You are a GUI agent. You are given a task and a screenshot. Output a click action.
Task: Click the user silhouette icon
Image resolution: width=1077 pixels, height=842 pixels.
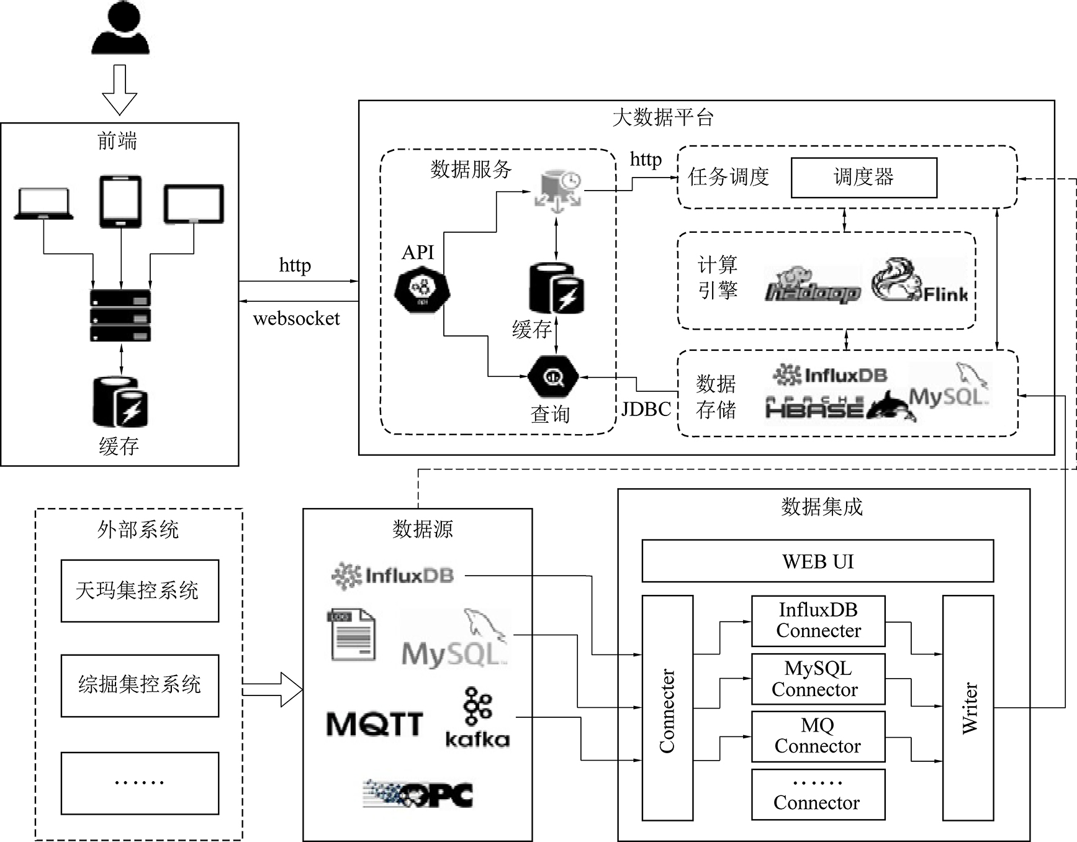click(x=120, y=28)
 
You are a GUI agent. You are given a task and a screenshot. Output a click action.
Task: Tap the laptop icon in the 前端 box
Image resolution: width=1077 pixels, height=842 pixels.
click(x=43, y=203)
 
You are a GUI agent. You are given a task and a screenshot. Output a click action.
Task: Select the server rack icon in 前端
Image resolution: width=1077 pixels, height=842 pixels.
click(x=120, y=315)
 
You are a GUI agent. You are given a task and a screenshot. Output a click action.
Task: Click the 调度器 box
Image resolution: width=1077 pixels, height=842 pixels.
click(x=863, y=178)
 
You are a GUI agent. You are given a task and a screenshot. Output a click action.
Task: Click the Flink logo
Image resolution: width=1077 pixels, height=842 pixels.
click(x=919, y=281)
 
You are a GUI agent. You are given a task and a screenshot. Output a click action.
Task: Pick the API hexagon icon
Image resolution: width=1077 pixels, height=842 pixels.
click(x=422, y=289)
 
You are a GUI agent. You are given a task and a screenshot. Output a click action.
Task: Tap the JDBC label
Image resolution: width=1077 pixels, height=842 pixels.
click(x=646, y=409)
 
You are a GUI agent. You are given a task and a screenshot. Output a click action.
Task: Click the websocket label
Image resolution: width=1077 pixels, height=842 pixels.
click(x=297, y=319)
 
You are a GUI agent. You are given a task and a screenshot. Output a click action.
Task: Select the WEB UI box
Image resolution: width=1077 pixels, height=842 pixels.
click(x=818, y=561)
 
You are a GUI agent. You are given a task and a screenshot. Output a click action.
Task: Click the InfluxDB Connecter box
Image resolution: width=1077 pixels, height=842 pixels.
click(x=818, y=620)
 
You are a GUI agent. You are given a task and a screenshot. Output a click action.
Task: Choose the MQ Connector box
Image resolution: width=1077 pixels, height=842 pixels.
click(x=818, y=736)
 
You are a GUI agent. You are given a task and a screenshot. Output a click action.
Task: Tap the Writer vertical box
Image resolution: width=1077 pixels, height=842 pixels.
click(x=968, y=708)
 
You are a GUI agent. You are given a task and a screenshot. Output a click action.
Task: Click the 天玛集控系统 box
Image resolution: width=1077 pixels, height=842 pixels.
click(x=140, y=591)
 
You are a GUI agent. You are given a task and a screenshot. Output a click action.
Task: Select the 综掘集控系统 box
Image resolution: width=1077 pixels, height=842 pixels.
click(x=140, y=685)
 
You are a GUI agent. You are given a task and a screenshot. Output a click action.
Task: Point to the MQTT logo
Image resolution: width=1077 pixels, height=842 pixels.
click(x=374, y=724)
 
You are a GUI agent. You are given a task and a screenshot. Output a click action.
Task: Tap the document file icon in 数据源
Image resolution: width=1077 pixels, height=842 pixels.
click(x=351, y=635)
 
